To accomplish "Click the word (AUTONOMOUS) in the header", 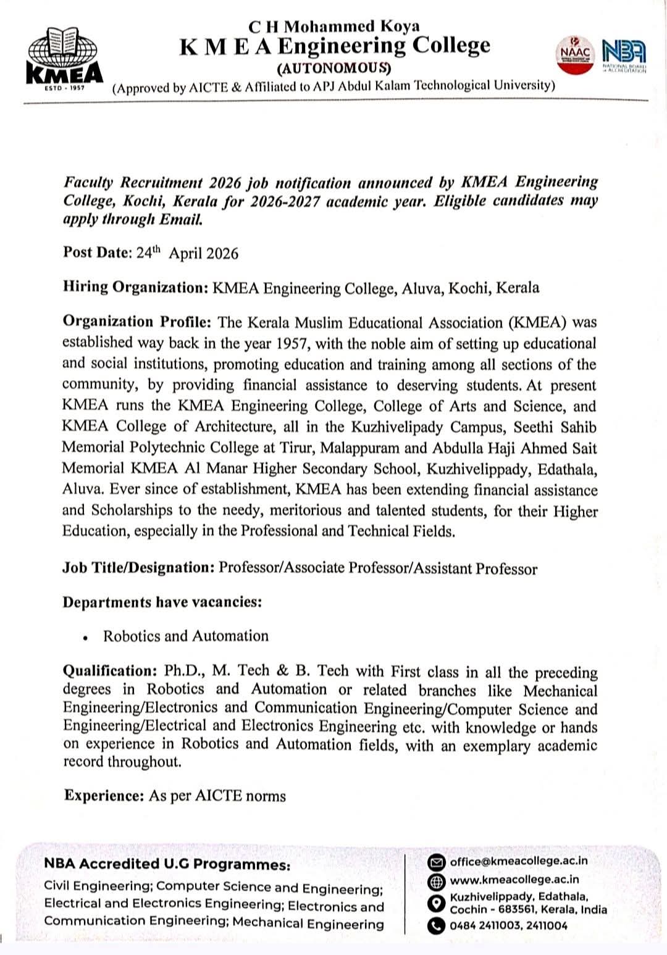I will point(334,67).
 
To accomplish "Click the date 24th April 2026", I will point(187,253).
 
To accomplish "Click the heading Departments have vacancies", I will point(162,602).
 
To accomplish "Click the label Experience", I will point(103,795).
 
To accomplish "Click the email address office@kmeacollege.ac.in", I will point(519,861).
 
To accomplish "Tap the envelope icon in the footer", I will point(437,862).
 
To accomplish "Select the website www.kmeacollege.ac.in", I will point(514,880).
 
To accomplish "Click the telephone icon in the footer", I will point(437,925).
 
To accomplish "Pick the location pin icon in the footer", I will point(437,903).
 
